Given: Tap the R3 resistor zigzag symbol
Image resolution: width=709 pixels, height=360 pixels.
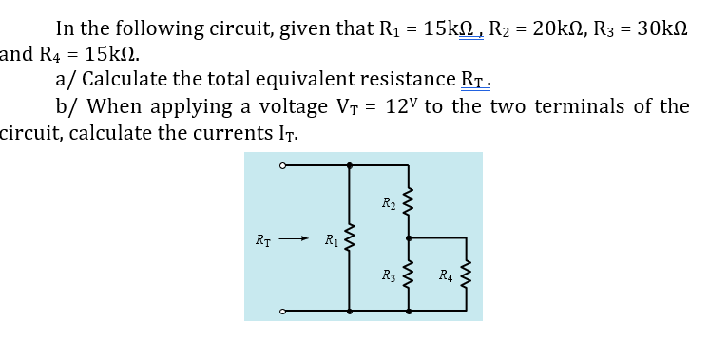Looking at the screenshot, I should pos(410,275).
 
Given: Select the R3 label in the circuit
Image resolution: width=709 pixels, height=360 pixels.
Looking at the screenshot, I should pos(390,276).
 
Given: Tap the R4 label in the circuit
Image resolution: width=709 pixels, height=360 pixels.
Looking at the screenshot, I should pos(447,276).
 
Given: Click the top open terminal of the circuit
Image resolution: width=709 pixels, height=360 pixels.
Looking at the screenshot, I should pos(282,165).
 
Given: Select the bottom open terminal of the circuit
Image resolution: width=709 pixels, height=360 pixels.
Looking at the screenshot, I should pos(282,310).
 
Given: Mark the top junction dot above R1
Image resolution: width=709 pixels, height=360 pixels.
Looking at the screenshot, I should pos(350,165).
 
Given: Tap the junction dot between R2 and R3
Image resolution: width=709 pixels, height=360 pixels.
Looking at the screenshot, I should pos(410,237).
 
